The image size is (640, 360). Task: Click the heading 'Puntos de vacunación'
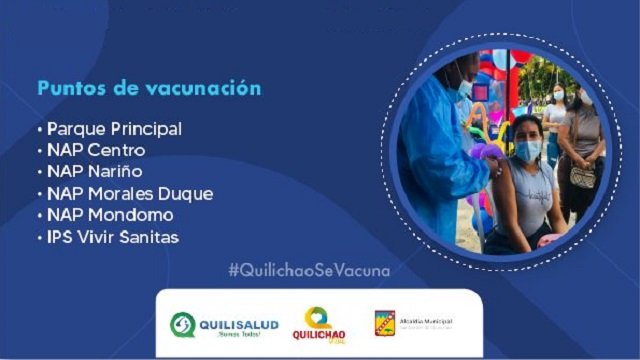(150, 89)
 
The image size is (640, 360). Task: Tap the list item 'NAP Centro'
(96, 151)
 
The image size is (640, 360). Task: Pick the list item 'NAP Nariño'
(96, 172)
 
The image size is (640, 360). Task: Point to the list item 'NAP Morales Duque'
(130, 193)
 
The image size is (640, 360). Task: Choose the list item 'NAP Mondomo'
(110, 214)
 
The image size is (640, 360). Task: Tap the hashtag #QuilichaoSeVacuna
(309, 270)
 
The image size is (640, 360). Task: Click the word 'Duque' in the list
(187, 193)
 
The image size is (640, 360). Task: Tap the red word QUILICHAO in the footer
(319, 337)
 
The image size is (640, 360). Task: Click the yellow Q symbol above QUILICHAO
(317, 317)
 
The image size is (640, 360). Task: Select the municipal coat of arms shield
(385, 323)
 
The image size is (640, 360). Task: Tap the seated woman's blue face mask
(528, 150)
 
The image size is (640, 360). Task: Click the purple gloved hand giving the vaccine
(490, 153)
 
